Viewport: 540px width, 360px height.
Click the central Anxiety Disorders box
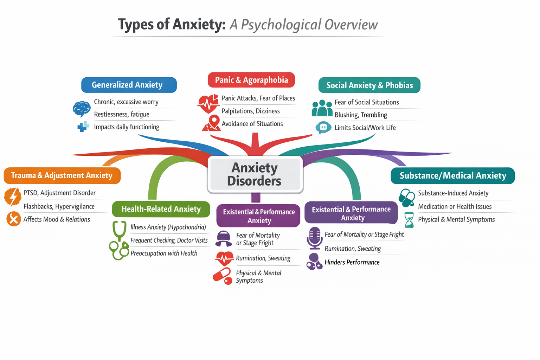[255, 174]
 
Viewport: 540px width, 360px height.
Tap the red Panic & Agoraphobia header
[251, 80]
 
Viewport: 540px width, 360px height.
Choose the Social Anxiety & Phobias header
[369, 85]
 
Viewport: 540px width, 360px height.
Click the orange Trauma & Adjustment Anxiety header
[62, 175]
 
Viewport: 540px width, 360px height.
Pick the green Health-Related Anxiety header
[161, 209]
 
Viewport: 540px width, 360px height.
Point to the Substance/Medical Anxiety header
[452, 176]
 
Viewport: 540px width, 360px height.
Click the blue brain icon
[81, 108]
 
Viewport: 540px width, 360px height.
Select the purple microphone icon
[314, 238]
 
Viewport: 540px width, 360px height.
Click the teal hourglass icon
[409, 220]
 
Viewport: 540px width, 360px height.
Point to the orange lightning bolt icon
[13, 197]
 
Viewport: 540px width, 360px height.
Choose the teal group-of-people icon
[322, 108]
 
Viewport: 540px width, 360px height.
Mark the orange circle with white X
[13, 219]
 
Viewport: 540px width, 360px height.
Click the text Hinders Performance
[352, 262]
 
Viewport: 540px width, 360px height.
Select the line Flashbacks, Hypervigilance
[59, 206]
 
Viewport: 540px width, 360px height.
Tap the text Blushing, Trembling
[361, 115]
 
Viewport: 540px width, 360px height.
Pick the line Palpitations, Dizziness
[251, 111]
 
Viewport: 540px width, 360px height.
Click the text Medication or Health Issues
[455, 207]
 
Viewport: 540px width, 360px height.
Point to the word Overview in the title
[351, 25]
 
